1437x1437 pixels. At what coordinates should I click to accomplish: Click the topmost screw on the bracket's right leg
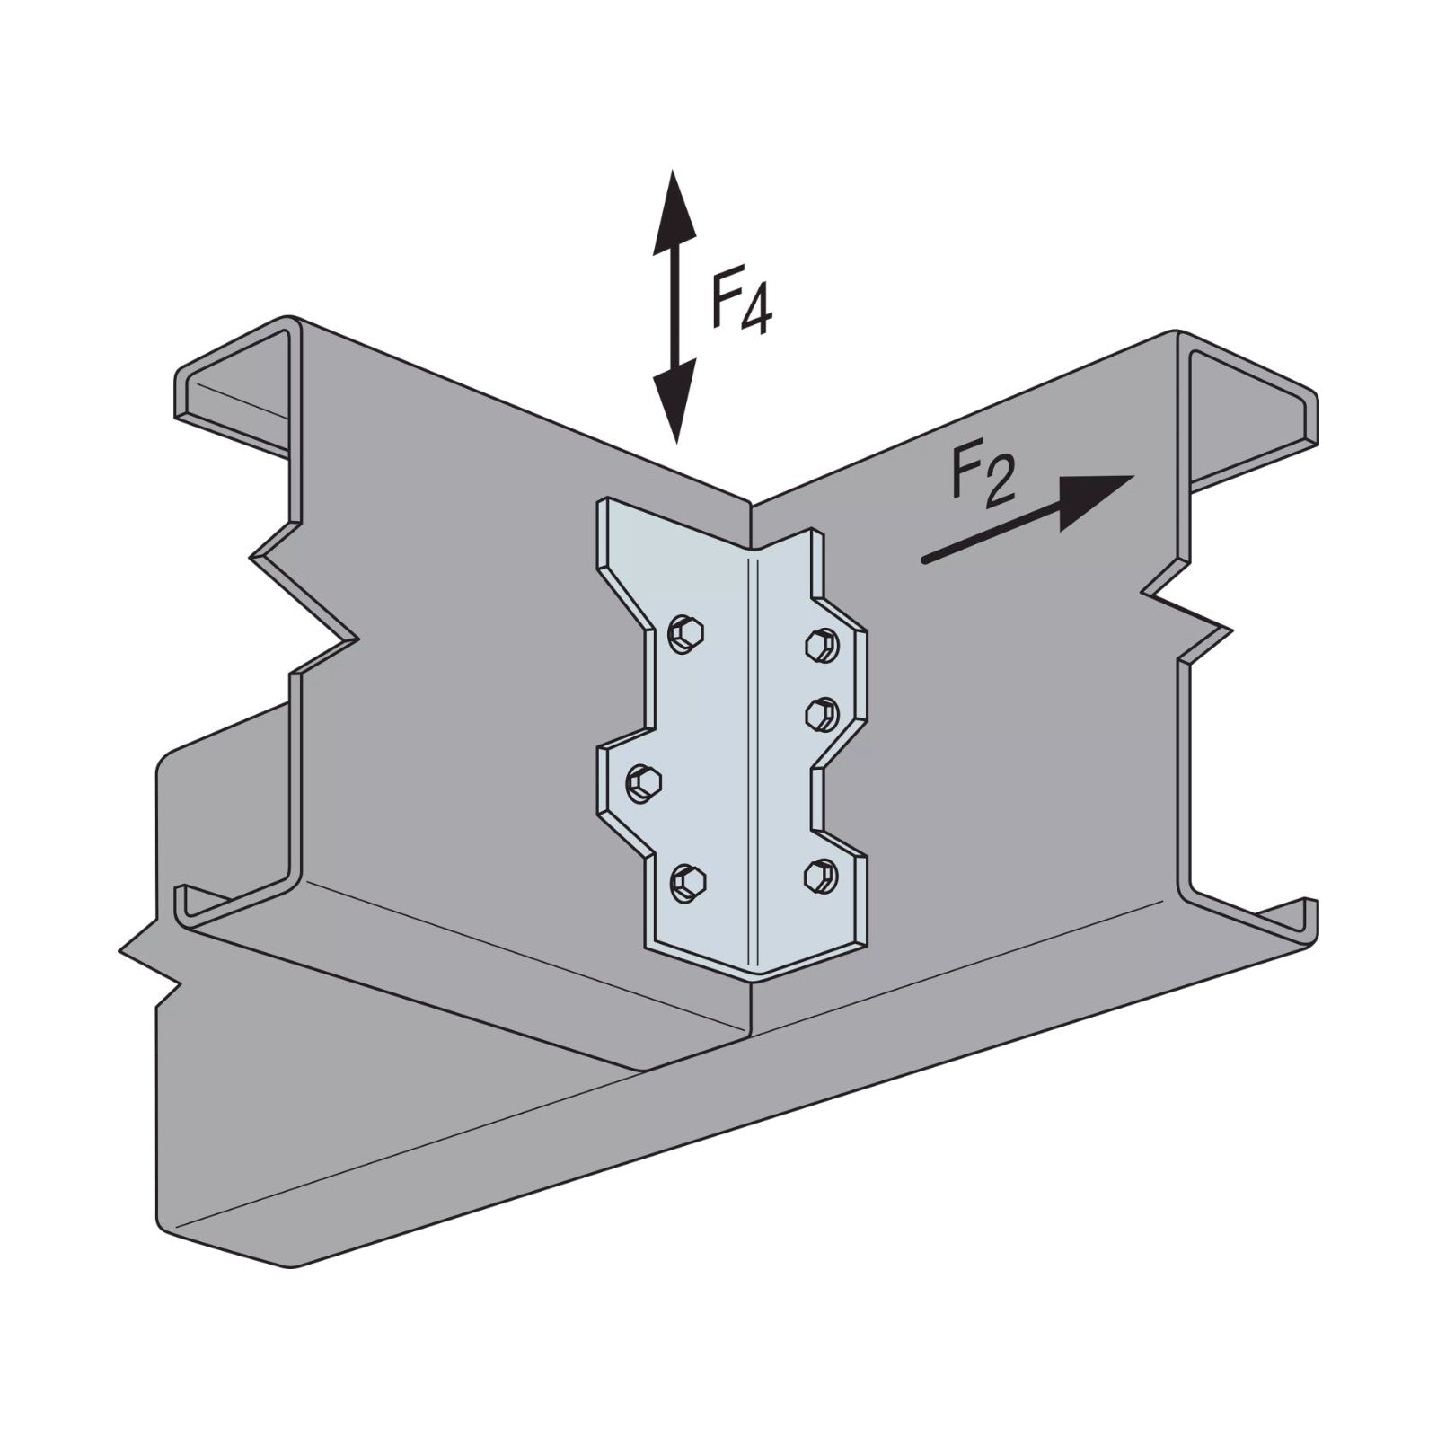pos(820,644)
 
